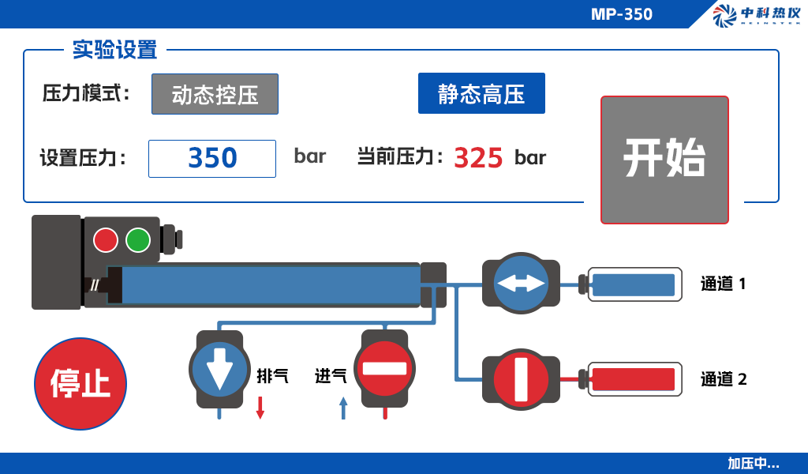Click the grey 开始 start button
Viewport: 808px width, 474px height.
[664, 160]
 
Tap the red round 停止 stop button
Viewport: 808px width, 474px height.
[80, 384]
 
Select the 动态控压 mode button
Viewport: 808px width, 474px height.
[215, 94]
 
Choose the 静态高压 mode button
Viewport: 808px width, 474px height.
[481, 93]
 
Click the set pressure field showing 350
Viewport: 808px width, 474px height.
[212, 158]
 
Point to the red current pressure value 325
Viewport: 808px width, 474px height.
[477, 158]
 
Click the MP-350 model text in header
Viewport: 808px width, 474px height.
[622, 14]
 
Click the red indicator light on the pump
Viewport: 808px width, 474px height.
[106, 240]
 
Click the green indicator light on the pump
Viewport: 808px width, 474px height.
[138, 240]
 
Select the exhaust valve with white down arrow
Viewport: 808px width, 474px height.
[219, 369]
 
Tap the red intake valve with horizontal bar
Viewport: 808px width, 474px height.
[384, 369]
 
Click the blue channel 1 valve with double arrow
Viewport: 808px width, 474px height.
[521, 283]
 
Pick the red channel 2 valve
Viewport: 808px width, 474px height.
[521, 380]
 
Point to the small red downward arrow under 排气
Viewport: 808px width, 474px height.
[260, 408]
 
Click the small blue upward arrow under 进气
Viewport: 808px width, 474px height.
[344, 408]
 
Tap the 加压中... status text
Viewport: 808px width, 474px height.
[753, 463]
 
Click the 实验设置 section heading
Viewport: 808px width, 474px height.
[114, 50]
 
